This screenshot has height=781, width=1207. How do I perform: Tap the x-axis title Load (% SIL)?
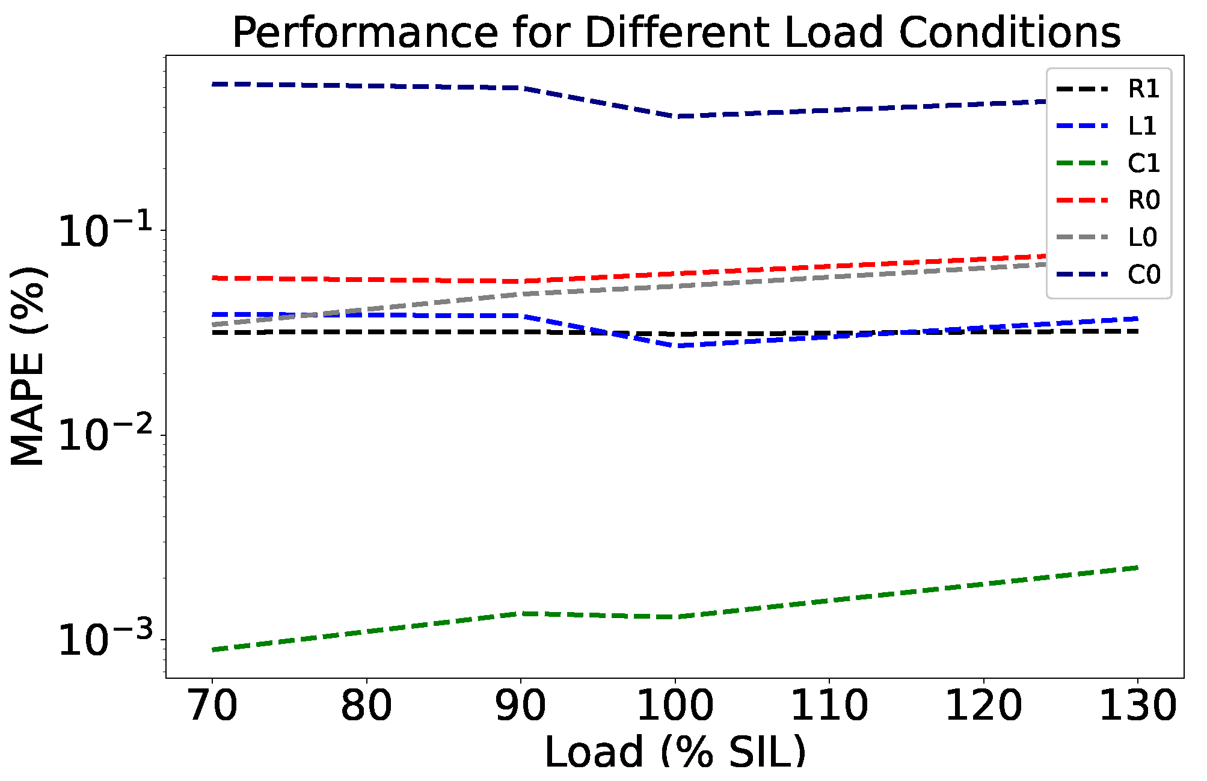(675, 752)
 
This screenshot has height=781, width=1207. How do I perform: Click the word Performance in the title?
(364, 32)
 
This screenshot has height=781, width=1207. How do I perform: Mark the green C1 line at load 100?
(675, 617)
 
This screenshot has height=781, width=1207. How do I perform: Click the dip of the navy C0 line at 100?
(675, 116)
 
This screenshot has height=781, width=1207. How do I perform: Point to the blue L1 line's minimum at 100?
(675, 346)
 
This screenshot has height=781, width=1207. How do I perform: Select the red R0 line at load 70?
(213, 278)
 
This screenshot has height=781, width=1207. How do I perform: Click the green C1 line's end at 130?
(1137, 567)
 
